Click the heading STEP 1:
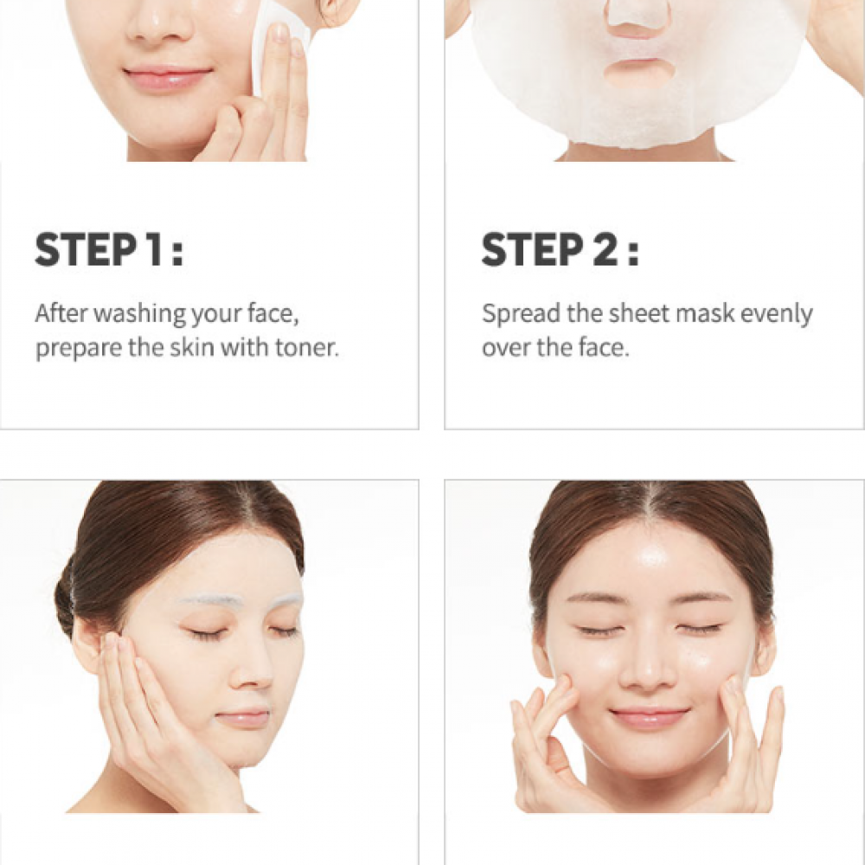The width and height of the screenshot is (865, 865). [x=109, y=250]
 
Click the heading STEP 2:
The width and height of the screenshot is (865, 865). [x=560, y=250]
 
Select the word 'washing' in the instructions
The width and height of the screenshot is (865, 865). [x=141, y=313]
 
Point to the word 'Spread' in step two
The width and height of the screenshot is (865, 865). [x=522, y=314]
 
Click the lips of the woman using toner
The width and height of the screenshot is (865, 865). [x=167, y=77]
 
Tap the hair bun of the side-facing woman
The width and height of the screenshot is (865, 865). [x=65, y=598]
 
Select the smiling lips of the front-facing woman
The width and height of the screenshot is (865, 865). [x=649, y=718]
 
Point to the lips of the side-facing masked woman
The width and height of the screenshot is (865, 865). [x=243, y=718]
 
